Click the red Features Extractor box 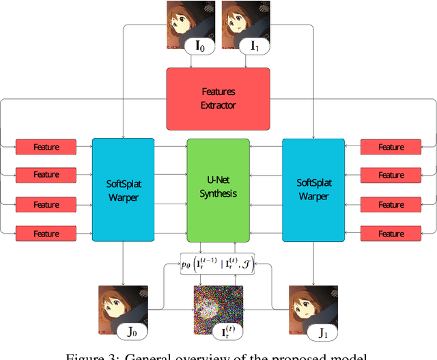(218, 99)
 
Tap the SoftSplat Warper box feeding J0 (124, 189)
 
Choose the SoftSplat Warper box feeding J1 (313, 189)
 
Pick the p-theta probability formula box (218, 262)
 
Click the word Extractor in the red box (218, 105)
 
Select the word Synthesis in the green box (218, 194)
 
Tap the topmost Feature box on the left (46, 147)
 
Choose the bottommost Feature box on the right (391, 234)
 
